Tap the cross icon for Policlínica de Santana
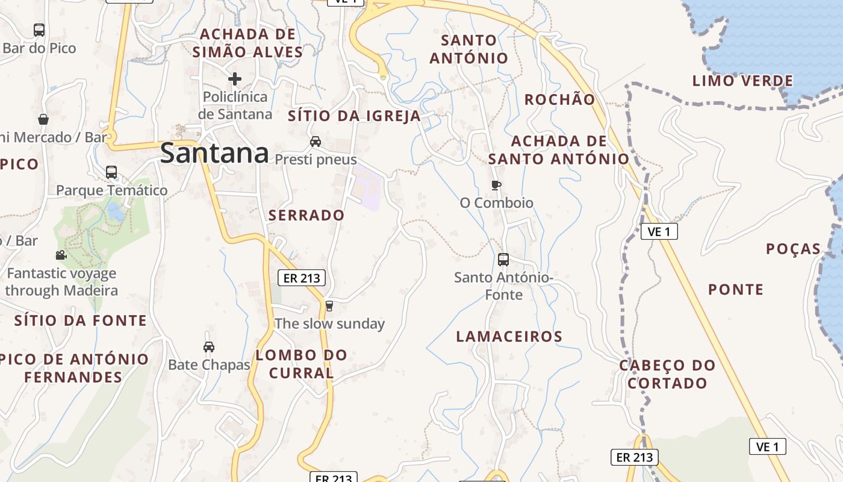(x=235, y=79)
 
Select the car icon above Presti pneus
(x=315, y=142)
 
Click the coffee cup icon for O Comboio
(x=496, y=185)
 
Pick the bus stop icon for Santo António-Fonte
(x=503, y=260)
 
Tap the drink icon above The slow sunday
(x=329, y=306)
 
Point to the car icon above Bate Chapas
(x=209, y=347)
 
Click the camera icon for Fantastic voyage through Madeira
(x=61, y=255)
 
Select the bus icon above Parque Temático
(x=111, y=172)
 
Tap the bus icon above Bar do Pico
(x=39, y=30)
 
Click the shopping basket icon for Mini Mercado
(x=43, y=119)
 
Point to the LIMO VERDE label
(x=742, y=81)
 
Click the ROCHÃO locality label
(x=559, y=100)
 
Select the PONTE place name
(x=736, y=290)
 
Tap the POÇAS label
(x=793, y=249)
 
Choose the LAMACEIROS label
(x=509, y=337)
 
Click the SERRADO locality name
(x=306, y=215)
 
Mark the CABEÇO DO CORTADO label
(x=667, y=374)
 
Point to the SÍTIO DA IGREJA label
(x=354, y=116)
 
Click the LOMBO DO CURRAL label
(x=302, y=364)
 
